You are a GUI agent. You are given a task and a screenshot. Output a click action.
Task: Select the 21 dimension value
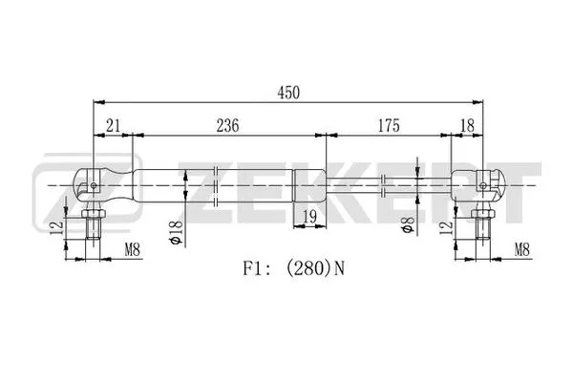pos(113,125)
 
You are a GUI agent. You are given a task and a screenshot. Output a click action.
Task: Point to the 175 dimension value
pos(387,125)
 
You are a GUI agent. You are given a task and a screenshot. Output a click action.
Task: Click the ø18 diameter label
pos(176,233)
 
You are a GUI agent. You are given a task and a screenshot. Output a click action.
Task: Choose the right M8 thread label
pos(520,251)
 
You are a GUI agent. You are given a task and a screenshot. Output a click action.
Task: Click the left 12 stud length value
pos(56,229)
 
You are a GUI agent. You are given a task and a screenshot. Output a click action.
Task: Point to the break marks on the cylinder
pos(218,180)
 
